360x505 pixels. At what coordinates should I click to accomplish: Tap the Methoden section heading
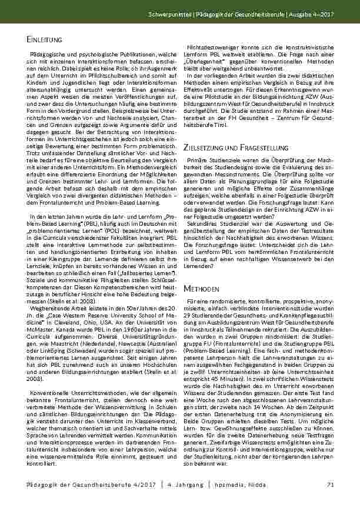(202, 290)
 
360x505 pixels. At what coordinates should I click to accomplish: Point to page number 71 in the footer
(330, 484)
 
